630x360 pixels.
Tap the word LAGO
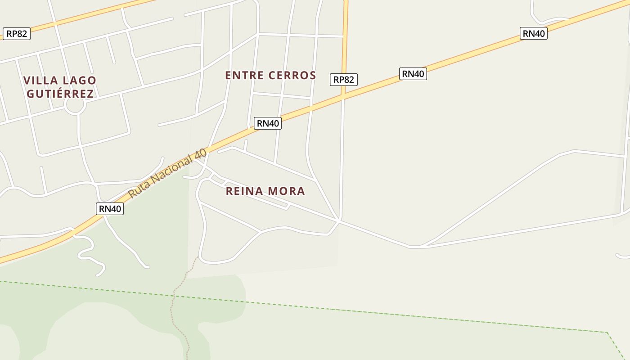coord(79,81)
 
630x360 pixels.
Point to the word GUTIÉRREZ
coord(60,94)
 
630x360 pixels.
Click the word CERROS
coord(292,75)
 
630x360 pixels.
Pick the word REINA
coord(245,191)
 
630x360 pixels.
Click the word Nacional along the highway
coord(178,168)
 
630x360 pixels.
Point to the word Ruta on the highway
coord(139,190)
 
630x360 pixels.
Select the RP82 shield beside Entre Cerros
coord(344,80)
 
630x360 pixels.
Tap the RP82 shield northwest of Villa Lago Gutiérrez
coord(17,34)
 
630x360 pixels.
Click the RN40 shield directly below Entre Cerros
coord(268,123)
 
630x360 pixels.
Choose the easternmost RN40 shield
coord(534,33)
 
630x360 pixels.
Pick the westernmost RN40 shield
coord(110,209)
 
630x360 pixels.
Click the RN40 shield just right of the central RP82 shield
coord(413,74)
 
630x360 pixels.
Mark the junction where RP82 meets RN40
coord(343,96)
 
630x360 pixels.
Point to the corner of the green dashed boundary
coord(607,333)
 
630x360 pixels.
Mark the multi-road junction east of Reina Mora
coord(339,220)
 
